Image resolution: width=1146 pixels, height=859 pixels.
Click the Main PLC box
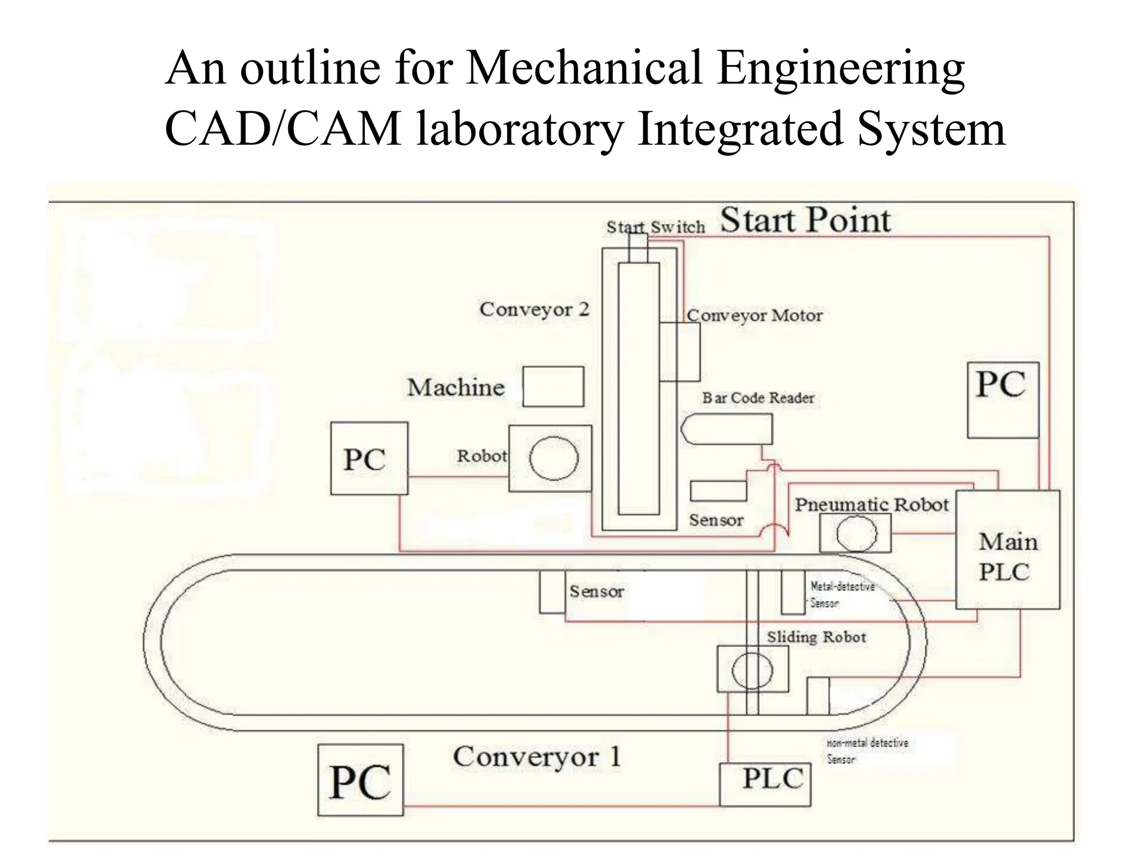pyautogui.click(x=1007, y=550)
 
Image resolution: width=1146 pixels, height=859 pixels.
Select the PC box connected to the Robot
pyautogui.click(x=369, y=459)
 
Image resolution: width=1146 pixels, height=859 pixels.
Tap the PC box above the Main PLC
pyautogui.click(x=1003, y=399)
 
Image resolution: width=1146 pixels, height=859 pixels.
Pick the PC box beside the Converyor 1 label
pyautogui.click(x=360, y=780)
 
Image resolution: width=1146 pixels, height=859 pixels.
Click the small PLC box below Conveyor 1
pyautogui.click(x=765, y=784)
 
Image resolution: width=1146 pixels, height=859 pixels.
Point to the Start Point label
pyautogui.click(x=805, y=220)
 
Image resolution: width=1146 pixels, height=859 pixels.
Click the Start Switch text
pyautogui.click(x=656, y=227)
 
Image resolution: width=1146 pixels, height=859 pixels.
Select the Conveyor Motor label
pyautogui.click(x=754, y=315)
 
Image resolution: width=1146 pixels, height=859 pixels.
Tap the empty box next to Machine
pyautogui.click(x=553, y=386)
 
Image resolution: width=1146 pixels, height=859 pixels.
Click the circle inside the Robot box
pyautogui.click(x=554, y=459)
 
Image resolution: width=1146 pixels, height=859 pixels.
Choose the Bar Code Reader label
pyautogui.click(x=758, y=398)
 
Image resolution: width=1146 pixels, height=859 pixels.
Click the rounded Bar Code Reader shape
pyautogui.click(x=726, y=429)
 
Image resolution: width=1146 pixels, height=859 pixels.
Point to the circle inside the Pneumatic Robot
pyautogui.click(x=856, y=533)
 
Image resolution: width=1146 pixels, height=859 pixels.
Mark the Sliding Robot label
pyautogui.click(x=816, y=637)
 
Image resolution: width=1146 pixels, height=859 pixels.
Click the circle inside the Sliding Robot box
pyautogui.click(x=752, y=670)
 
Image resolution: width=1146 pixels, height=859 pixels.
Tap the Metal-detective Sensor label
pyautogui.click(x=842, y=594)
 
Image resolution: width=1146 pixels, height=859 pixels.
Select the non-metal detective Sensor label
pyautogui.click(x=867, y=751)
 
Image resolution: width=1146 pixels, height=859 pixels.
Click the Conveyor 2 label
pyautogui.click(x=534, y=309)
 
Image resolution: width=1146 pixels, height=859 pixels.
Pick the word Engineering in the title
pyautogui.click(x=840, y=69)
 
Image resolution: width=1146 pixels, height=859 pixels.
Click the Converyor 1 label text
pyautogui.click(x=537, y=757)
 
